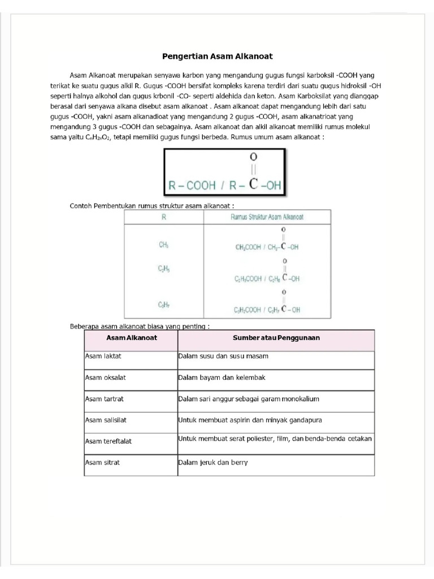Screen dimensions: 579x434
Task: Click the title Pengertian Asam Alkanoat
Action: (x=218, y=57)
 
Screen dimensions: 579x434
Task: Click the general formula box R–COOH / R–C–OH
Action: (x=225, y=172)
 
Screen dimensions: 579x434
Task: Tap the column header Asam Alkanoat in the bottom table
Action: (x=132, y=338)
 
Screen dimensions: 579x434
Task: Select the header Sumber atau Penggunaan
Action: (x=276, y=338)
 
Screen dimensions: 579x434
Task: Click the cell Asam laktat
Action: (x=103, y=356)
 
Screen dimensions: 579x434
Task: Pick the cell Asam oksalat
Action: (x=105, y=377)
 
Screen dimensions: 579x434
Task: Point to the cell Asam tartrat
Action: (x=104, y=399)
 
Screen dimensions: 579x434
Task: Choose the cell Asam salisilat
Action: (x=106, y=420)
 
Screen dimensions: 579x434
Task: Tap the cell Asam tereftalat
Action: (x=108, y=441)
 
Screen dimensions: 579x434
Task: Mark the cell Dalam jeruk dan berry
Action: (x=213, y=462)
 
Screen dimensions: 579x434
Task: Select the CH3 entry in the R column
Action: (x=164, y=245)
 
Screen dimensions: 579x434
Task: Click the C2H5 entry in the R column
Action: (x=164, y=270)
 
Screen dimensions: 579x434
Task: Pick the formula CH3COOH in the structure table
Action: (x=248, y=247)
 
